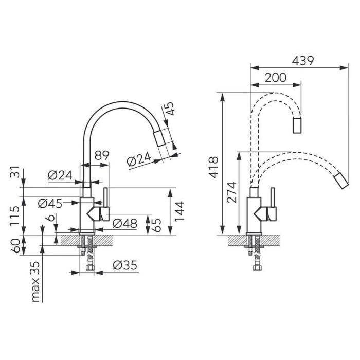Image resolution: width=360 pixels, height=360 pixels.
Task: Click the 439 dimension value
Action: pyautogui.click(x=302, y=61)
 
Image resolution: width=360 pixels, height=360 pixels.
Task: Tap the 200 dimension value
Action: pyautogui.click(x=276, y=78)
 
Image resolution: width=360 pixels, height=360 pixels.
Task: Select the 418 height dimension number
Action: pyautogui.click(x=213, y=167)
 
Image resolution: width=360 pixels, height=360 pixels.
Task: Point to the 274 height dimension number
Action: pyautogui.click(x=231, y=192)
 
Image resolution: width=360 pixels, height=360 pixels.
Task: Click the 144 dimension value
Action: pyautogui.click(x=179, y=211)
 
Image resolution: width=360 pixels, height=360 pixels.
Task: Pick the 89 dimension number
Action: pyautogui.click(x=102, y=155)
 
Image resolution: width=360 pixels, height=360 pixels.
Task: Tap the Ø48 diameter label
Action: pyautogui.click(x=125, y=223)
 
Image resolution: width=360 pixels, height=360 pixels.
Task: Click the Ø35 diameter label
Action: pyautogui.click(x=125, y=265)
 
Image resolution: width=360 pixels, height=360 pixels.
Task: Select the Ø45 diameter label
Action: pyautogui.click(x=50, y=204)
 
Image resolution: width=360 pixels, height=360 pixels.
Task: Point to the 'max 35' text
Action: pyautogui.click(x=35, y=282)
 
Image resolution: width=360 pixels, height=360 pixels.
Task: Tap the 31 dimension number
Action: pyautogui.click(x=15, y=172)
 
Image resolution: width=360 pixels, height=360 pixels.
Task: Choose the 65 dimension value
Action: pyautogui.click(x=156, y=225)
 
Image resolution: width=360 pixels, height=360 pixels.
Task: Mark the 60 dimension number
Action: pyautogui.click(x=15, y=246)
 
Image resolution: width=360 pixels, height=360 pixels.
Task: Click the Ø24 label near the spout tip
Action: pyautogui.click(x=139, y=159)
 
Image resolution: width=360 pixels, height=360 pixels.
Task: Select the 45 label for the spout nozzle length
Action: pyautogui.click(x=169, y=109)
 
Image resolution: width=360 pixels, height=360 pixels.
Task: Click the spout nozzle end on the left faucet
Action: pyautogui.click(x=159, y=138)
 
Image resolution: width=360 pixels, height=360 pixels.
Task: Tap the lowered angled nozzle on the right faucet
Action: pyautogui.click(x=341, y=181)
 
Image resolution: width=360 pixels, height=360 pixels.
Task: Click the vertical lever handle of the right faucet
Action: pyautogui.click(x=273, y=197)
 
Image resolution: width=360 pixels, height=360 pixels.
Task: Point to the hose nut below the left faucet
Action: pyautogui.click(x=90, y=268)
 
